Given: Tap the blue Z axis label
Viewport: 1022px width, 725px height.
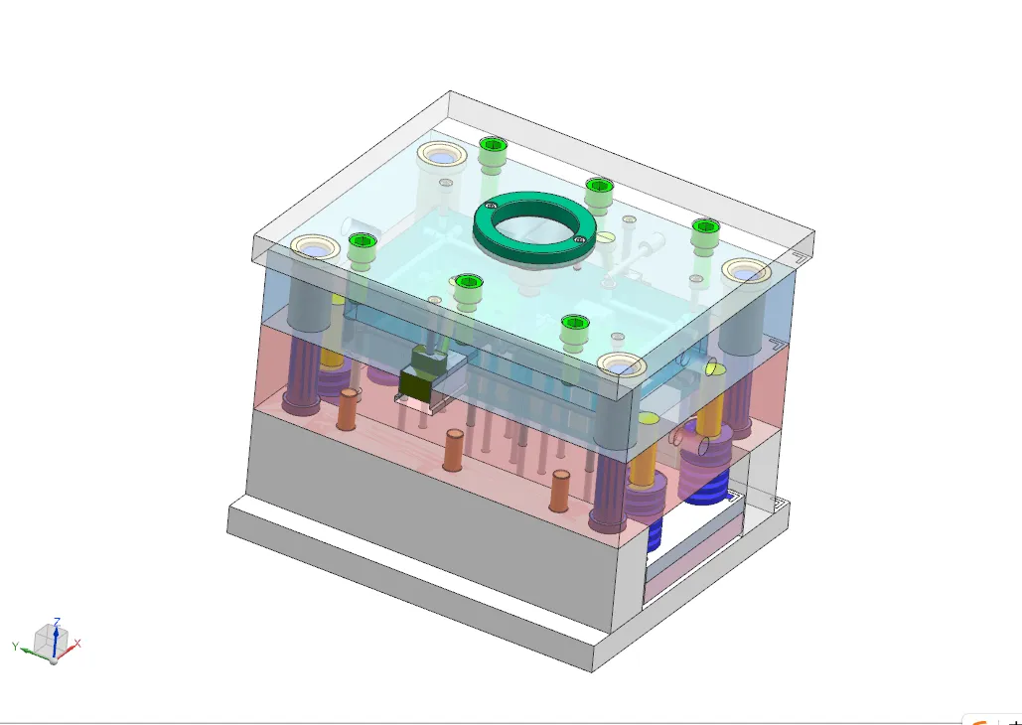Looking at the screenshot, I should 57,621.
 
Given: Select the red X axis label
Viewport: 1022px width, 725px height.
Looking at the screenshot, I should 77,644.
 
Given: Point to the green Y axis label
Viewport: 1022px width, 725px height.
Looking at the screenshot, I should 16,646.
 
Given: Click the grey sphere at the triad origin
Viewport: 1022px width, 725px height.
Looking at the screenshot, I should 54,660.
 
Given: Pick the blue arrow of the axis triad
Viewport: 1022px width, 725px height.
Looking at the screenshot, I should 57,634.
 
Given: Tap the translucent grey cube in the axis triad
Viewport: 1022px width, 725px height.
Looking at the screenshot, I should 47,642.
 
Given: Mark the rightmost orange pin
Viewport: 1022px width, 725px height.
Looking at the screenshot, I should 561,490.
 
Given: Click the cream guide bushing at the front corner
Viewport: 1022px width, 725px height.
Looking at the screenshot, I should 623,365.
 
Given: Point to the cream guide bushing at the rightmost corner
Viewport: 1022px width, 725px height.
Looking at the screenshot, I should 745,271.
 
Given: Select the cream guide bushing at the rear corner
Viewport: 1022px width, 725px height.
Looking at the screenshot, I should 442,155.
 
